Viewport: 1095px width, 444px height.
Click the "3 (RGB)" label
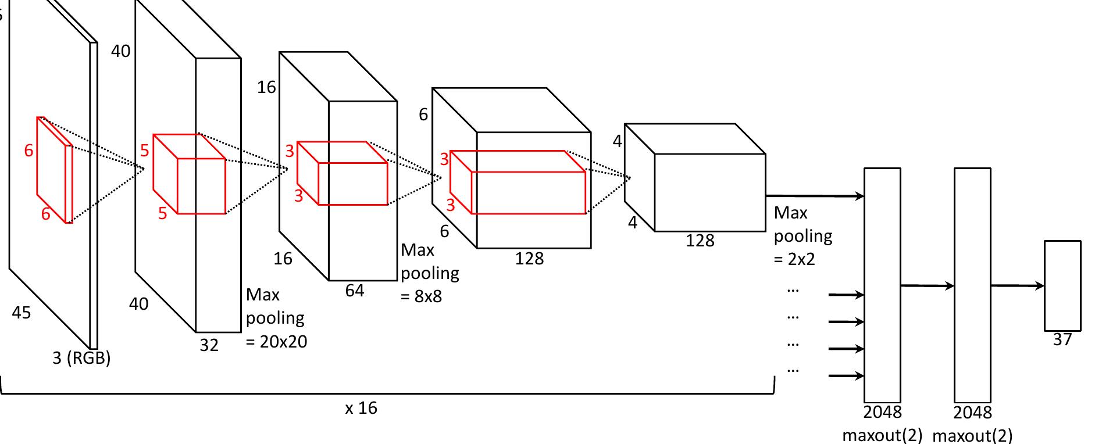(x=81, y=357)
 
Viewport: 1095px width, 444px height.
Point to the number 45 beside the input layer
(x=22, y=313)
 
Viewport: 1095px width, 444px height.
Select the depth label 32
(x=209, y=345)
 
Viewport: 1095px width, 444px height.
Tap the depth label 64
(x=355, y=291)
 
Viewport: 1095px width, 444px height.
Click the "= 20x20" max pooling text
(x=277, y=341)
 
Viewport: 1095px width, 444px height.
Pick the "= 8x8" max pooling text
(x=422, y=296)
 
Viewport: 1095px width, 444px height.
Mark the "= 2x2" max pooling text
(x=794, y=259)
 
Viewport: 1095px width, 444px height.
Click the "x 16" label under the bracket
(x=361, y=408)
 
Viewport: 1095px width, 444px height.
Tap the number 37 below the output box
(x=1062, y=340)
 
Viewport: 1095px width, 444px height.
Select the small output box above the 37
(x=1062, y=285)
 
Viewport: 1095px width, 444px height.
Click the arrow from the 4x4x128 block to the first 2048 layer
(x=814, y=196)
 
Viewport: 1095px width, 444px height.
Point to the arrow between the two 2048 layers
(x=927, y=285)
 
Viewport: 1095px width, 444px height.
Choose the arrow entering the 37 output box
(x=1017, y=285)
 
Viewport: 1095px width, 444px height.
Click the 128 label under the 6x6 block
(x=529, y=258)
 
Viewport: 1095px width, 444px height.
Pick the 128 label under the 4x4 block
(x=700, y=241)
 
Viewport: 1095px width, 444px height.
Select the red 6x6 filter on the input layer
(x=55, y=170)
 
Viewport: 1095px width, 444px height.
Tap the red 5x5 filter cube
(x=189, y=174)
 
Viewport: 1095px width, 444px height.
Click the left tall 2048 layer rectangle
(x=882, y=285)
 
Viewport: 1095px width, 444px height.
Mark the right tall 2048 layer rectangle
(x=972, y=285)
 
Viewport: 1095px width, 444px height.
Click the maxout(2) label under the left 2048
(x=882, y=435)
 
